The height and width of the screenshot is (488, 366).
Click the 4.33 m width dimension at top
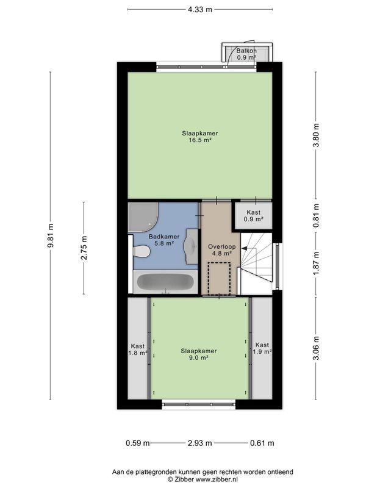click(200, 9)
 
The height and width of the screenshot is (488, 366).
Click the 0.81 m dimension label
click(315, 223)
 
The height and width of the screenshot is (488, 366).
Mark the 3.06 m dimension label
click(315, 348)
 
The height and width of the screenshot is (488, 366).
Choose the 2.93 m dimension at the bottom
click(200, 442)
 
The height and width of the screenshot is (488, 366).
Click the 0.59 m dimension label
click(137, 442)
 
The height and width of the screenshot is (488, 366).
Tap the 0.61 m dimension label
click(262, 442)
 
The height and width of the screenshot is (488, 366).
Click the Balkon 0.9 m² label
click(247, 54)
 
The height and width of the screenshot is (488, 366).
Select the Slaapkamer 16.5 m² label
click(199, 136)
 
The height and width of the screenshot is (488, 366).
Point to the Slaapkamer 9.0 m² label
click(199, 354)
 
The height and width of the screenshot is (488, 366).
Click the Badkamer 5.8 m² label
click(162, 240)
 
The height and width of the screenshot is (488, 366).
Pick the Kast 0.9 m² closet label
click(253, 215)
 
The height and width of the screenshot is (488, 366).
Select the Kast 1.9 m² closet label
click(262, 348)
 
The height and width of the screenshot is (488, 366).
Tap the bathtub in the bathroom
click(163, 282)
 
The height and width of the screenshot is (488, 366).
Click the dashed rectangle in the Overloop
click(218, 278)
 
